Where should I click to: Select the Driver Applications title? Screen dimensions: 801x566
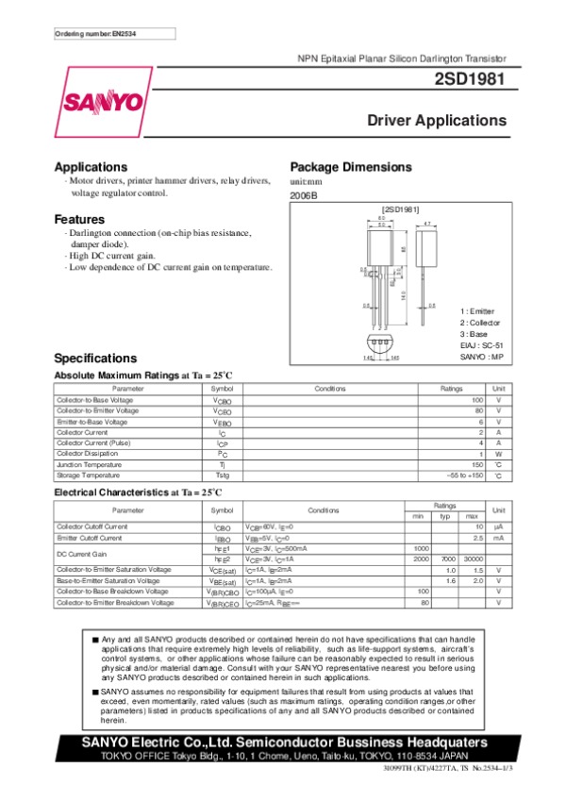click(x=437, y=121)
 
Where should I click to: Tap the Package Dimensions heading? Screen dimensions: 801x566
click(x=350, y=167)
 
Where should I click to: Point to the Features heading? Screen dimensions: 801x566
click(x=85, y=220)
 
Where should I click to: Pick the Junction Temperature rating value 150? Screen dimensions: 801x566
click(x=477, y=464)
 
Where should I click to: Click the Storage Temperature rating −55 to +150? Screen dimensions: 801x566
click(x=464, y=476)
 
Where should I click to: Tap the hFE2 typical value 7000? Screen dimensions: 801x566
click(x=449, y=559)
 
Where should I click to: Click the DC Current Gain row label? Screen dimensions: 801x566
click(x=80, y=554)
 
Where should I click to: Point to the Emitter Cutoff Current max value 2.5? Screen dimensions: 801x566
click(x=478, y=538)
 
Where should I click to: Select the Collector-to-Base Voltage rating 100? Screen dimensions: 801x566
click(x=477, y=401)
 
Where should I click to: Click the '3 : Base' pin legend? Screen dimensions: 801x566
click(x=476, y=334)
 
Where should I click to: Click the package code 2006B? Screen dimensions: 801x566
click(x=304, y=193)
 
